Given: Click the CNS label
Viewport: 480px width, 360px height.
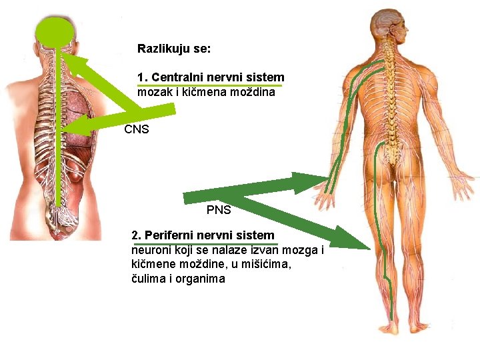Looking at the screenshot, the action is click(137, 129).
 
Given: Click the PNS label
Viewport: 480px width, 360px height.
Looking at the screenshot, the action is click(219, 210).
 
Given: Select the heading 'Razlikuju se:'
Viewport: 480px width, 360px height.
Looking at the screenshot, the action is click(174, 49).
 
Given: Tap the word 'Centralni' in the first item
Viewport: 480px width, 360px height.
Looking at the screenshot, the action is click(175, 77).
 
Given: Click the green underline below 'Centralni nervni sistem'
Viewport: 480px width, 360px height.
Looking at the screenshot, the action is click(209, 86).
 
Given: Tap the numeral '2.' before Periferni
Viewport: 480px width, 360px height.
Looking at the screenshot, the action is click(137, 235).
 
